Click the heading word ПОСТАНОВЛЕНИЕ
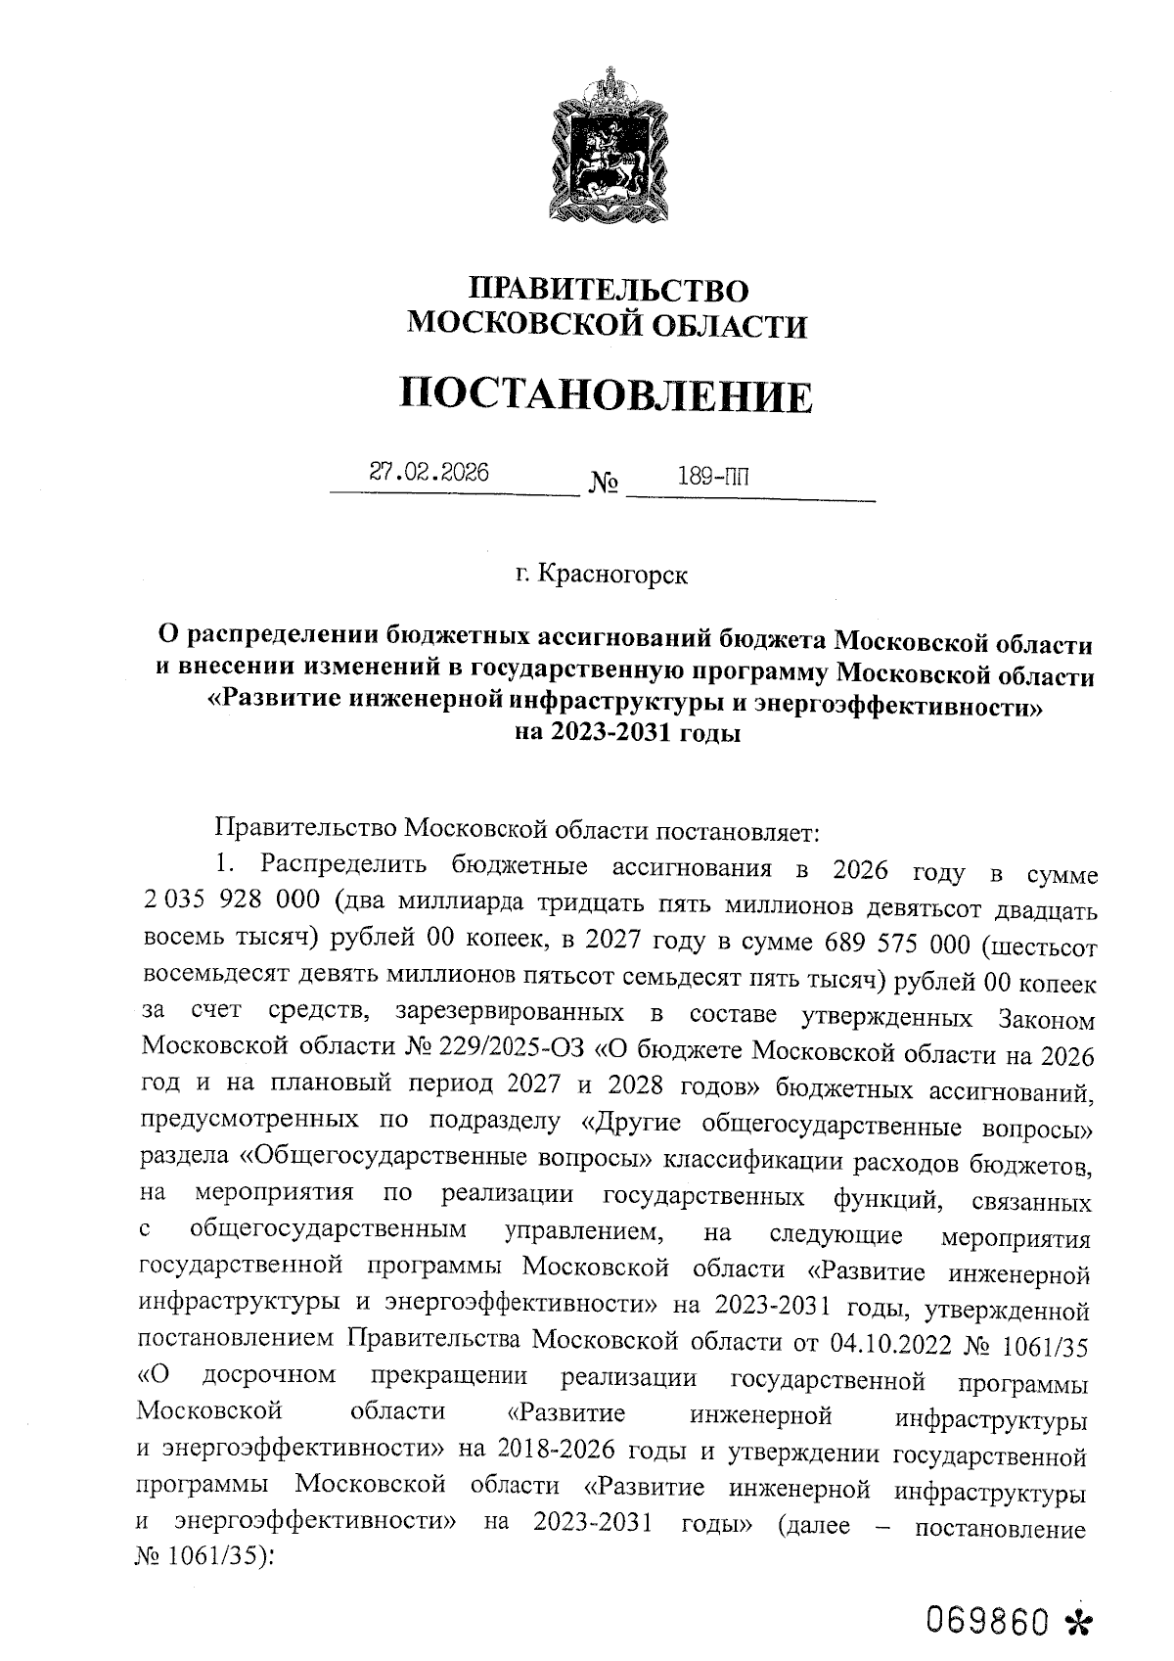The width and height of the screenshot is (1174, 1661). pos(607,395)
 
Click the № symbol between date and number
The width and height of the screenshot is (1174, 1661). pos(604,483)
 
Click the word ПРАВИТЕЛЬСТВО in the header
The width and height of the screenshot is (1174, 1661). pos(608,290)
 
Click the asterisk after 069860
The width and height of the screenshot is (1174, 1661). pos(1078,1621)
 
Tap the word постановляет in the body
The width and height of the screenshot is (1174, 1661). pos(735,832)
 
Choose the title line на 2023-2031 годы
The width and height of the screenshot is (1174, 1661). pos(626,733)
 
